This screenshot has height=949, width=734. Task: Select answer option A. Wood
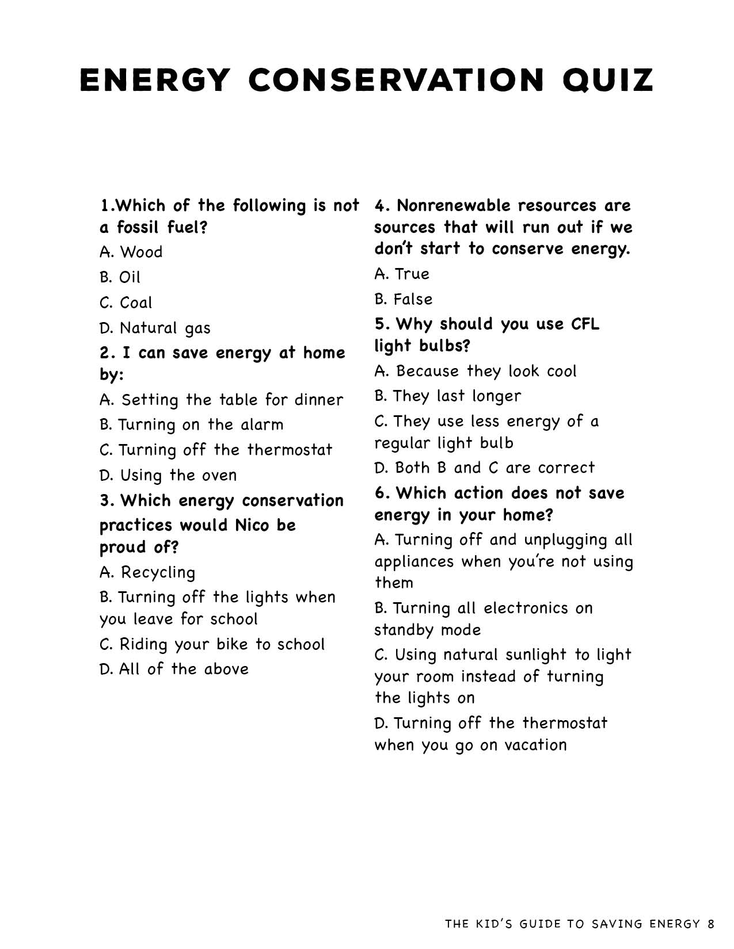pyautogui.click(x=131, y=252)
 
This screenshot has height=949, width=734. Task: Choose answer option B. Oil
pyautogui.click(x=120, y=277)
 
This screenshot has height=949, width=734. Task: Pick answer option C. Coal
pyautogui.click(x=126, y=303)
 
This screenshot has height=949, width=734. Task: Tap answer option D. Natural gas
pyautogui.click(x=155, y=328)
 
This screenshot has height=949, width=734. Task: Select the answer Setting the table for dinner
pyautogui.click(x=221, y=399)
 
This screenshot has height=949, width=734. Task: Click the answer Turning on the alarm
pyautogui.click(x=191, y=424)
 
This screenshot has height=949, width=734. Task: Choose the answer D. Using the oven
pyautogui.click(x=168, y=475)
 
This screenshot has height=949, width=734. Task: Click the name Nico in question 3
pyautogui.click(x=252, y=525)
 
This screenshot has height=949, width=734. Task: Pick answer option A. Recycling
pyautogui.click(x=147, y=572)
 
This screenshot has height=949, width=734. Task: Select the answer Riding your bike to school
pyautogui.click(x=212, y=644)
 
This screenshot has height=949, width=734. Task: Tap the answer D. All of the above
pyautogui.click(x=174, y=669)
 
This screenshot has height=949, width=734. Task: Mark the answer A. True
pyautogui.click(x=402, y=274)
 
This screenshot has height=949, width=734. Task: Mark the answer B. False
pyautogui.click(x=403, y=299)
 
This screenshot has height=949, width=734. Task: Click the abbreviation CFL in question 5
pyautogui.click(x=585, y=324)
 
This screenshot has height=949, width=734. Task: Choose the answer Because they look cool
pyautogui.click(x=475, y=371)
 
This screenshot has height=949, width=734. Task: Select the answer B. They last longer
pyautogui.click(x=447, y=396)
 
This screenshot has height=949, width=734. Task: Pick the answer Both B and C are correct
pyautogui.click(x=484, y=468)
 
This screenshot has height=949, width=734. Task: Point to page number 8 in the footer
pyautogui.click(x=711, y=924)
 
